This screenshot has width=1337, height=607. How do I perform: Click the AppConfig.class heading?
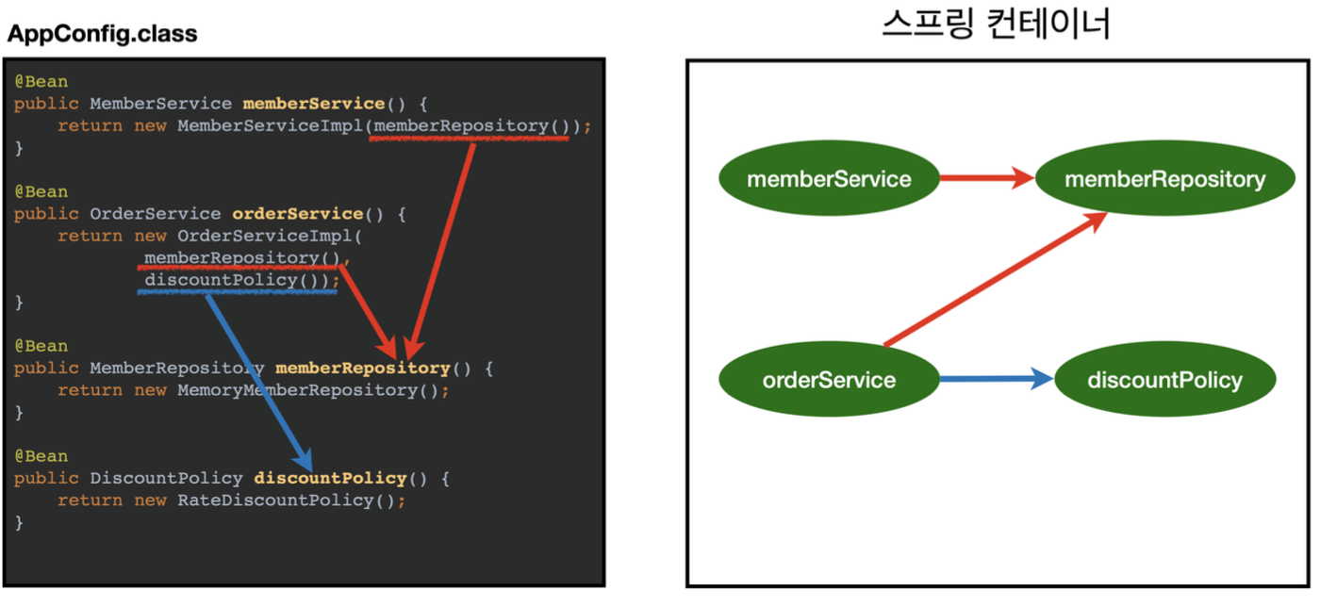(x=102, y=35)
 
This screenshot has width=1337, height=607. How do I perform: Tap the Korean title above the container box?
(x=996, y=25)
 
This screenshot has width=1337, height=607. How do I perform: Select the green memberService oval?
(x=829, y=178)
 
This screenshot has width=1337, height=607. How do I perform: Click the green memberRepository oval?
(x=1164, y=178)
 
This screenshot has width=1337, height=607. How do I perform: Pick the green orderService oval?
(x=829, y=380)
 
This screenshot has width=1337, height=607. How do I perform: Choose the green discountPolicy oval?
(x=1164, y=380)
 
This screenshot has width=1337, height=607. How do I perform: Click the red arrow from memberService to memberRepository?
(x=986, y=177)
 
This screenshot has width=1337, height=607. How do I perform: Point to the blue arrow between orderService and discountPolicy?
(x=996, y=380)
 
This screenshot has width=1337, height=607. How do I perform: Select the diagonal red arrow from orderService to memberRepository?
(x=996, y=279)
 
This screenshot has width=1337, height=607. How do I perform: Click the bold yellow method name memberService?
(x=313, y=104)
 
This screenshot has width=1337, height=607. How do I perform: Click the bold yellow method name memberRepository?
(x=362, y=368)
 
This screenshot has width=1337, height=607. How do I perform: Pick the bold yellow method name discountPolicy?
(x=330, y=478)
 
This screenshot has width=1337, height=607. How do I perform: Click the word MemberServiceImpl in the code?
(x=270, y=125)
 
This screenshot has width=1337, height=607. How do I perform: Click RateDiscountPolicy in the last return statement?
(x=275, y=500)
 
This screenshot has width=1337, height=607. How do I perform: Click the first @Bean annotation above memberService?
(x=41, y=82)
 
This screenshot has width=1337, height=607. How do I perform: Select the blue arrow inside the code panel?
(x=256, y=377)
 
